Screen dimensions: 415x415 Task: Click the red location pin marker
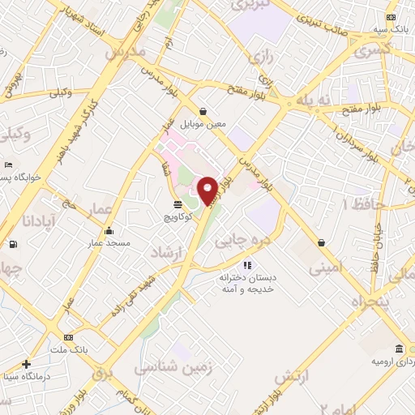[x=208, y=190]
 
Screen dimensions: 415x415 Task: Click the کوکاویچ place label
[x=178, y=217]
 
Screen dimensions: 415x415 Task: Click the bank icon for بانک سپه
[x=392, y=18]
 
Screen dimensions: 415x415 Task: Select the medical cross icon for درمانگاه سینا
[x=27, y=364]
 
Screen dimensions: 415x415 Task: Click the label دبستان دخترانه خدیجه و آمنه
[x=247, y=284]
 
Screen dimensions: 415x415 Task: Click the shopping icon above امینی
[x=323, y=242]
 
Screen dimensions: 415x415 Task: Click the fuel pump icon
[x=12, y=245]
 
